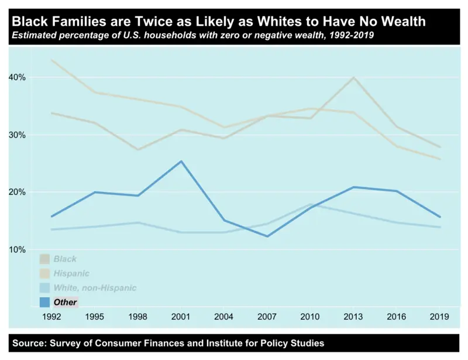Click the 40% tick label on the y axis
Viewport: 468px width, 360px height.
pyautogui.click(x=17, y=77)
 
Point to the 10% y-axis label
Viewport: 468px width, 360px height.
pyautogui.click(x=17, y=249)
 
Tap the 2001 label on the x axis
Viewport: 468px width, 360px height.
pyautogui.click(x=181, y=317)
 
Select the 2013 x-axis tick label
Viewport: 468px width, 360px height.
pyautogui.click(x=353, y=317)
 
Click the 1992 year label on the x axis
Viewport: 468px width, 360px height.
pyautogui.click(x=53, y=317)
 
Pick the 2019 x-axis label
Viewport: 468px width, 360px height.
pyautogui.click(x=439, y=317)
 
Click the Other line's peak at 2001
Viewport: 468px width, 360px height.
pyautogui.click(x=181, y=161)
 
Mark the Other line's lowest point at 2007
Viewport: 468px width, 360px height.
pyautogui.click(x=267, y=236)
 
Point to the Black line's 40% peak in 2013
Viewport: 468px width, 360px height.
pyautogui.click(x=353, y=77)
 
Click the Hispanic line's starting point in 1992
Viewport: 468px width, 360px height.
pyautogui.click(x=53, y=60)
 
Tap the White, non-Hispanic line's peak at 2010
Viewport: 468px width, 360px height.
pyautogui.click(x=310, y=204)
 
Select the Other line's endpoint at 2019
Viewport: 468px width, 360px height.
pyautogui.click(x=439, y=217)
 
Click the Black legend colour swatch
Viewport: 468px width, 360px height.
pyautogui.click(x=44, y=259)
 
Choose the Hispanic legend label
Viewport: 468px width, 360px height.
pyautogui.click(x=71, y=273)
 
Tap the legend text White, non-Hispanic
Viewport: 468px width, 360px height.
pyautogui.click(x=95, y=288)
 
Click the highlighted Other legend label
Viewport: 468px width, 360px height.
pyautogui.click(x=65, y=302)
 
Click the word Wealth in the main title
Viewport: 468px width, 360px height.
pyautogui.click(x=404, y=22)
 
